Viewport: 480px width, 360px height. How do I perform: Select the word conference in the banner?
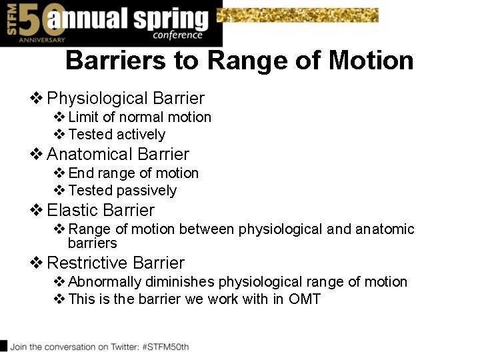coord(177,35)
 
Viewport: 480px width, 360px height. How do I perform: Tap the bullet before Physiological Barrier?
coord(37,99)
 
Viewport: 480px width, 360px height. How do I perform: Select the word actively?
coord(141,135)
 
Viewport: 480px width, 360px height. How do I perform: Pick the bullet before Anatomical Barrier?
coord(37,155)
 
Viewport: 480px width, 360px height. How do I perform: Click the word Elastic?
coord(71,211)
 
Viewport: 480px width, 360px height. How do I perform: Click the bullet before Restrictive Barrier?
coord(37,263)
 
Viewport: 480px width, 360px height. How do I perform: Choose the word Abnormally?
coord(108,282)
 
